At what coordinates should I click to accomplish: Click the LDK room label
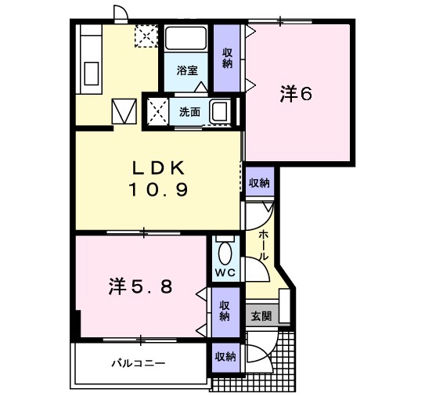[159, 168]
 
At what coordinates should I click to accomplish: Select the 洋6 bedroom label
[297, 94]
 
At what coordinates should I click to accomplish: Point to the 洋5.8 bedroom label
[140, 286]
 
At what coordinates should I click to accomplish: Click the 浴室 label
[187, 70]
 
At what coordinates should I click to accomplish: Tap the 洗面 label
[189, 112]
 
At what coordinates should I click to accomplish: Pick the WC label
[225, 272]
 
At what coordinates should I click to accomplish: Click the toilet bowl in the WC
[225, 254]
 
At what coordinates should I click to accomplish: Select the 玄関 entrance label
[261, 315]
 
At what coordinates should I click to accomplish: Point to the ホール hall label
[263, 245]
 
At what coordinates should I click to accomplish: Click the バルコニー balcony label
[139, 362]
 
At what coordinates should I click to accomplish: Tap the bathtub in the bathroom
[186, 38]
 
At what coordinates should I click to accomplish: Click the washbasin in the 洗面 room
[220, 111]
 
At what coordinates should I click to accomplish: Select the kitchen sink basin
[91, 74]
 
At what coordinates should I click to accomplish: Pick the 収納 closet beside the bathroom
[227, 58]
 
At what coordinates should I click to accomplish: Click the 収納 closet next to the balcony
[225, 357]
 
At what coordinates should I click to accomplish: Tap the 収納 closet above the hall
[259, 183]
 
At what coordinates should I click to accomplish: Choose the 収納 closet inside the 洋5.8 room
[225, 311]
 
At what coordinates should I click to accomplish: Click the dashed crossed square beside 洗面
[158, 112]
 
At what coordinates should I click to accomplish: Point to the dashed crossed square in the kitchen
[146, 36]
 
